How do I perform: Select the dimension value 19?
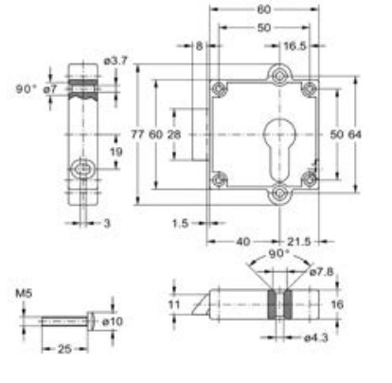pyautogui.click(x=115, y=151)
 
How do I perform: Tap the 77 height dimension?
pyautogui.click(x=143, y=135)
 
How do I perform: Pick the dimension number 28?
pyautogui.click(x=175, y=135)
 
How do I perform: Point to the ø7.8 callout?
pyautogui.click(x=322, y=272)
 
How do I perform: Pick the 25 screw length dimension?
pyautogui.click(x=62, y=350)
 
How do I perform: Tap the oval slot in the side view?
pyautogui.click(x=83, y=172)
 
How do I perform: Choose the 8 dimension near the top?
pyautogui.click(x=200, y=45)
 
